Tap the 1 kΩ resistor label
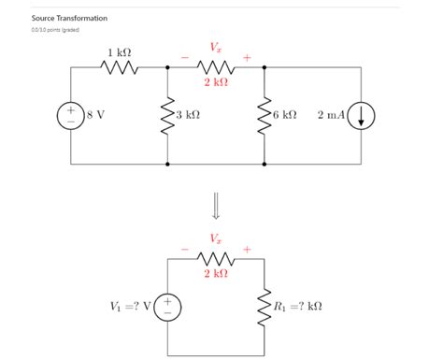[118, 51]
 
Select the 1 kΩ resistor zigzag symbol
[119, 67]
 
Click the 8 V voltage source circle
[71, 115]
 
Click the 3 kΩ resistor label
[187, 115]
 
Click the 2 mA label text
[331, 115]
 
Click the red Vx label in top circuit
[216, 48]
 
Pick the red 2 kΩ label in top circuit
[216, 82]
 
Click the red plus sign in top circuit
[247, 58]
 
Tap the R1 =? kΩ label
[298, 306]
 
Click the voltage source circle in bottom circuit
[167, 306]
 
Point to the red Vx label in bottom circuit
[216, 239]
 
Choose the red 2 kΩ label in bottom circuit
[216, 273]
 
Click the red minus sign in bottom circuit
[185, 250]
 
